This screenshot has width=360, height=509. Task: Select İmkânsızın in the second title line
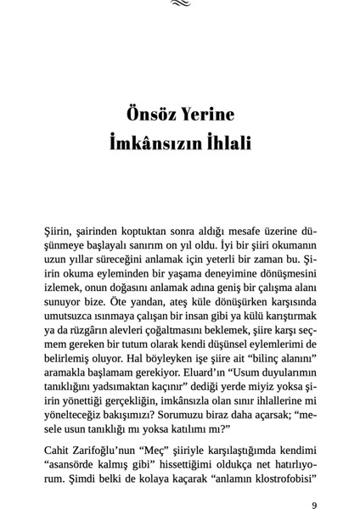pyautogui.click(x=156, y=143)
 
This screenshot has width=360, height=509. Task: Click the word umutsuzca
pyautogui.click(x=71, y=316)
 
